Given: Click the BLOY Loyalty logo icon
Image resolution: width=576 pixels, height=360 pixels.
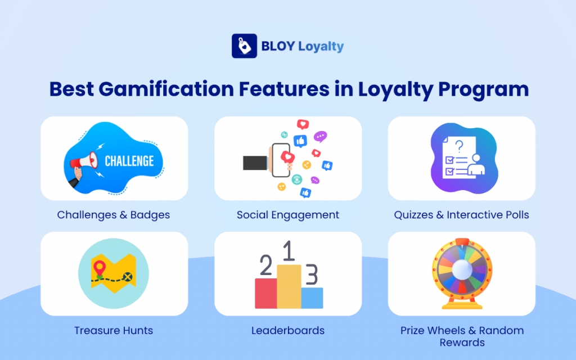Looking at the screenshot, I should point(244,46).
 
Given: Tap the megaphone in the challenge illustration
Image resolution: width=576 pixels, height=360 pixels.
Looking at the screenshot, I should point(82,163).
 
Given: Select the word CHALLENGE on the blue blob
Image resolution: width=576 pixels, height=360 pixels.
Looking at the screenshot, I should point(129,161).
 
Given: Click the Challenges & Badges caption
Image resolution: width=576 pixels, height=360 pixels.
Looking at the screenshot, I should point(114,215).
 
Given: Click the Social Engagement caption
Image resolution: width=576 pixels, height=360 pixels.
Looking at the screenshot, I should point(288,215).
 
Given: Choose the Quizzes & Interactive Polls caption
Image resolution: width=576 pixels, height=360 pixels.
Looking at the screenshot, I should point(461,215).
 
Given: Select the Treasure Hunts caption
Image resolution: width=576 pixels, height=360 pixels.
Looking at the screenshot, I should point(114,331).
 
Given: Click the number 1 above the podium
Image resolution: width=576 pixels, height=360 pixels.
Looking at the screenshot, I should point(289,252).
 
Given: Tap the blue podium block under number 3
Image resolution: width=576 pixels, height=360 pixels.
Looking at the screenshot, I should point(312,298).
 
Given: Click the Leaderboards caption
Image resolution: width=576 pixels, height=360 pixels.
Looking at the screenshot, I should point(288,331).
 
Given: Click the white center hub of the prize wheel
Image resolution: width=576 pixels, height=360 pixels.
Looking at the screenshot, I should point(461,269).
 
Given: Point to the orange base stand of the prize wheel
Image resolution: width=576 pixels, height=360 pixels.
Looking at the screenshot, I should point(461,304).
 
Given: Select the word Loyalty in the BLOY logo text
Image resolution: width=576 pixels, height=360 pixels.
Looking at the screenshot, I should point(321,46).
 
